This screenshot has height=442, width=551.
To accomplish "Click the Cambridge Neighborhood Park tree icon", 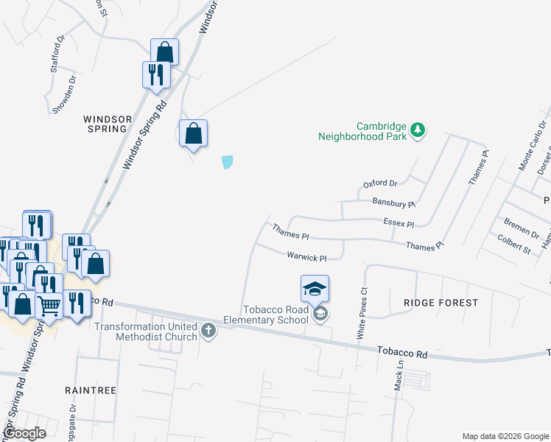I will (x=418, y=130).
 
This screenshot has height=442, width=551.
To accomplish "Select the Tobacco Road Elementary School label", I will (x=277, y=315).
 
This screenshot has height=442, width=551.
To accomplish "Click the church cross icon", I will (x=208, y=331).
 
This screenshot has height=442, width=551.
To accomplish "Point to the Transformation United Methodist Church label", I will (x=147, y=331).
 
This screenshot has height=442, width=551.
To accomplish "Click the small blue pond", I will (x=228, y=161).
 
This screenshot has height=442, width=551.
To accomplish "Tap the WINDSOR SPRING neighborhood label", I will (x=107, y=123).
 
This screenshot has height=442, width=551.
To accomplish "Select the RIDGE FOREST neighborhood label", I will (x=441, y=303).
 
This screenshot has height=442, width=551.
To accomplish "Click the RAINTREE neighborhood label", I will (x=91, y=390).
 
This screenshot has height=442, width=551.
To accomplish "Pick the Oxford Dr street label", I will (x=380, y=183).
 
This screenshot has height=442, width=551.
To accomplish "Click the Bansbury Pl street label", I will (x=394, y=203).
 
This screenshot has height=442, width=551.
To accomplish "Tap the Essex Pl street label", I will (x=399, y=222).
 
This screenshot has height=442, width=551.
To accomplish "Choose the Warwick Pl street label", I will (x=306, y=257).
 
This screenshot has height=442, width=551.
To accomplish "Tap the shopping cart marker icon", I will (x=49, y=305).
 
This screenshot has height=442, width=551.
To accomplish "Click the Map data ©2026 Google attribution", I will (x=505, y=436).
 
